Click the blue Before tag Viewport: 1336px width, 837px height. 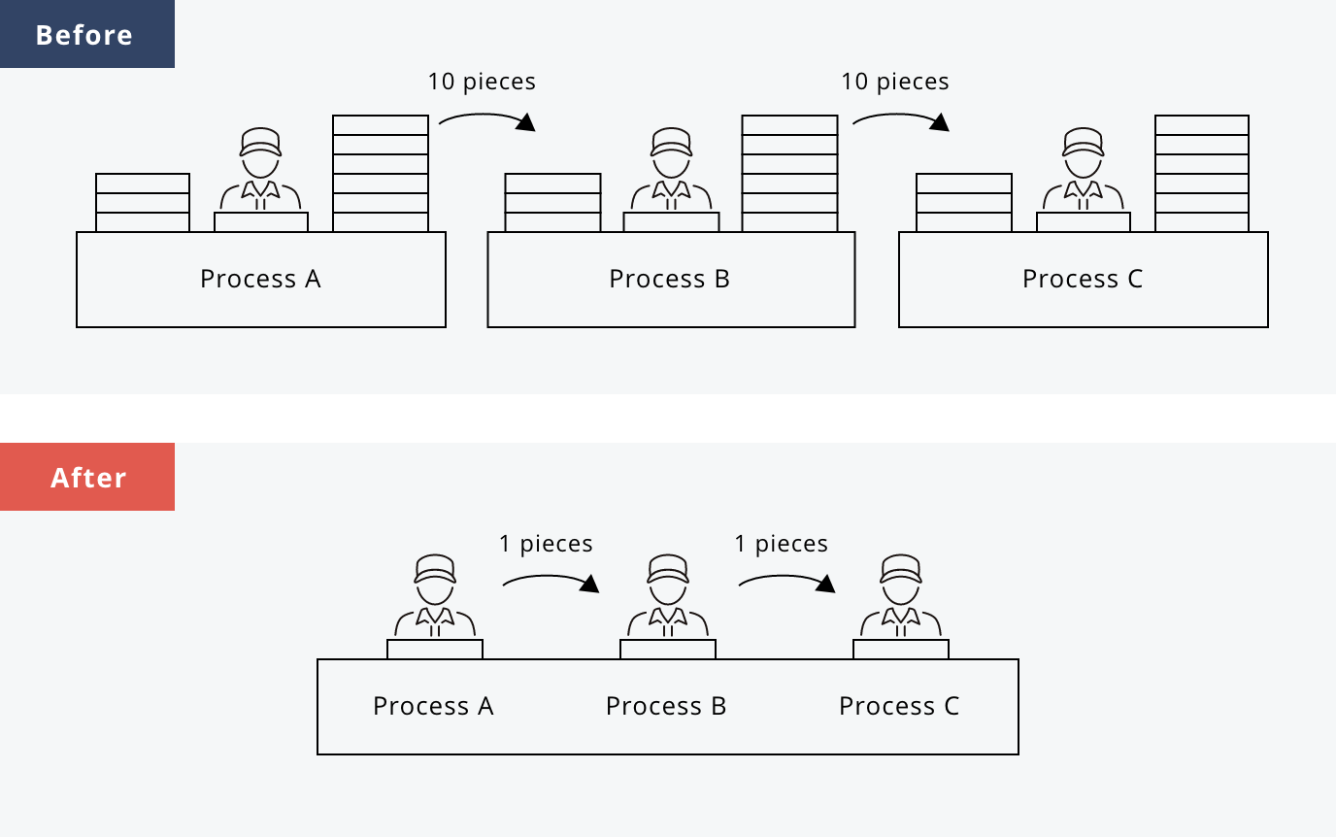tap(85, 35)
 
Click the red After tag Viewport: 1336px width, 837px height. tap(87, 478)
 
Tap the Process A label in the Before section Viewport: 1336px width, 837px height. tap(260, 280)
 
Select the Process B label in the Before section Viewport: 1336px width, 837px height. tap(669, 280)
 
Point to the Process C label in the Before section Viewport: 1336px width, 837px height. tap(1083, 280)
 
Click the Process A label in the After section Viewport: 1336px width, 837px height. tap(433, 706)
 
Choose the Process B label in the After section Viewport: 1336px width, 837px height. tap(666, 706)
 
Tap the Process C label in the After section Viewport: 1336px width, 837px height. tap(899, 706)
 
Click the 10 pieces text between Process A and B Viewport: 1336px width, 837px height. tap(482, 82)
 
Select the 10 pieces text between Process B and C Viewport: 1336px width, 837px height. tap(895, 82)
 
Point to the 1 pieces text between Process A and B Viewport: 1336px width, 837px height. tap(546, 544)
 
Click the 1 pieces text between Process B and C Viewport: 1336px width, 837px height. tap(782, 544)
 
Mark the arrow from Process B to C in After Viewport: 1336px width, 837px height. tap(786, 582)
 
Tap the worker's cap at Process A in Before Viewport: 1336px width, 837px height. tap(260, 142)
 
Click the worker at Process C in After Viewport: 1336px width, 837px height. tap(901, 597)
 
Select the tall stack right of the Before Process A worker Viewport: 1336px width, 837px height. tap(381, 174)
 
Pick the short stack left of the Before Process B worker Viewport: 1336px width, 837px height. tap(553, 203)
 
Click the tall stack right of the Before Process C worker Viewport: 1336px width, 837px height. tap(1202, 174)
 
